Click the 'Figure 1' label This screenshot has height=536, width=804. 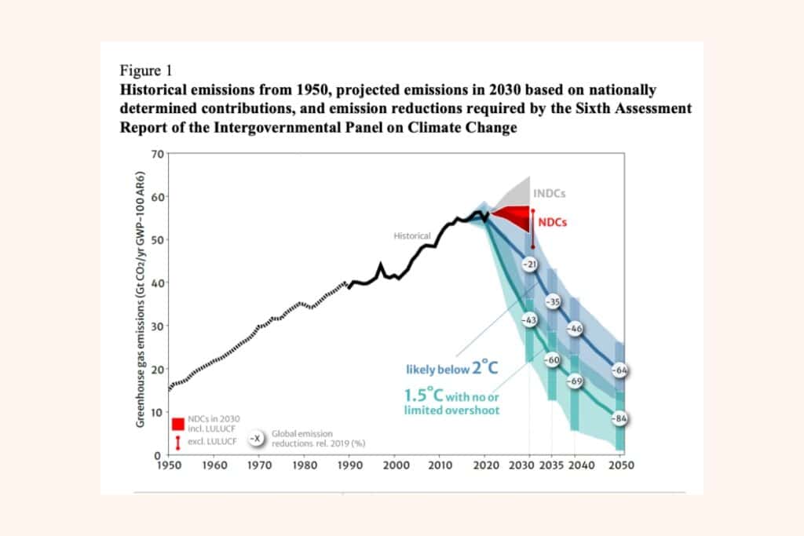(148, 70)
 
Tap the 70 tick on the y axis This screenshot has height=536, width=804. (156, 154)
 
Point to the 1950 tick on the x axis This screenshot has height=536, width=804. (168, 465)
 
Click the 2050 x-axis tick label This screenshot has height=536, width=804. (620, 465)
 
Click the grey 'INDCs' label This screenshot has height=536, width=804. (549, 193)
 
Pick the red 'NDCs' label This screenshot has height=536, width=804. (553, 222)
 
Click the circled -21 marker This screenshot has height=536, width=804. (530, 265)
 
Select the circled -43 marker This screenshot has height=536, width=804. (529, 320)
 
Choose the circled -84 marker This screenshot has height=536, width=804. (620, 419)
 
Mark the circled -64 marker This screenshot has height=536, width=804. (620, 370)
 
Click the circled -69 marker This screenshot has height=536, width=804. (576, 381)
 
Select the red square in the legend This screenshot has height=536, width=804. (177, 425)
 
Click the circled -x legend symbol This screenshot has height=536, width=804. (256, 438)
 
